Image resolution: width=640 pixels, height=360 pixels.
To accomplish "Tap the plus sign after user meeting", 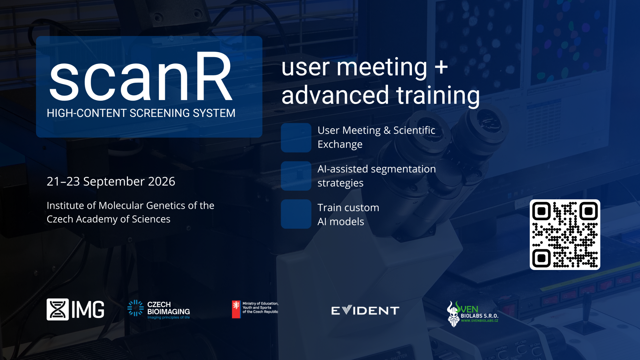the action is (x=441, y=67).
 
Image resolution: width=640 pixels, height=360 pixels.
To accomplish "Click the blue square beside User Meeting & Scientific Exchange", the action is (x=296, y=138).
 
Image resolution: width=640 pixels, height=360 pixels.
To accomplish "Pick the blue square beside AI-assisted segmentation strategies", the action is (x=296, y=176).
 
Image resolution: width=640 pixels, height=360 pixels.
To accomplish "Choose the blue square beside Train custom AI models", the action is (x=296, y=214).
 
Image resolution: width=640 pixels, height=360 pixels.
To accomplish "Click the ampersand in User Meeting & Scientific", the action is (x=387, y=130).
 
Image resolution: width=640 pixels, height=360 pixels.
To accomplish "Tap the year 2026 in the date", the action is (x=162, y=182).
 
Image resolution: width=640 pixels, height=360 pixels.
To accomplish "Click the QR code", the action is (x=565, y=235).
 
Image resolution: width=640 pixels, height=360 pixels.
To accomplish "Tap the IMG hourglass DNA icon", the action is (x=58, y=309).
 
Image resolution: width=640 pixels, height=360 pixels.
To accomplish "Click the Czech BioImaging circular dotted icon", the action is (x=136, y=308).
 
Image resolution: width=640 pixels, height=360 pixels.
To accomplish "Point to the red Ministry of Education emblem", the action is (x=236, y=309).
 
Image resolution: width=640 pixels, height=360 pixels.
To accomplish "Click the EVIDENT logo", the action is (x=365, y=311).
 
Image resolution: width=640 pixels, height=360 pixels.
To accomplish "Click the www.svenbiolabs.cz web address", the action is (x=480, y=321).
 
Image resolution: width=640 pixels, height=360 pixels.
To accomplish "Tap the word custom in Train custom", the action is (x=362, y=208).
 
